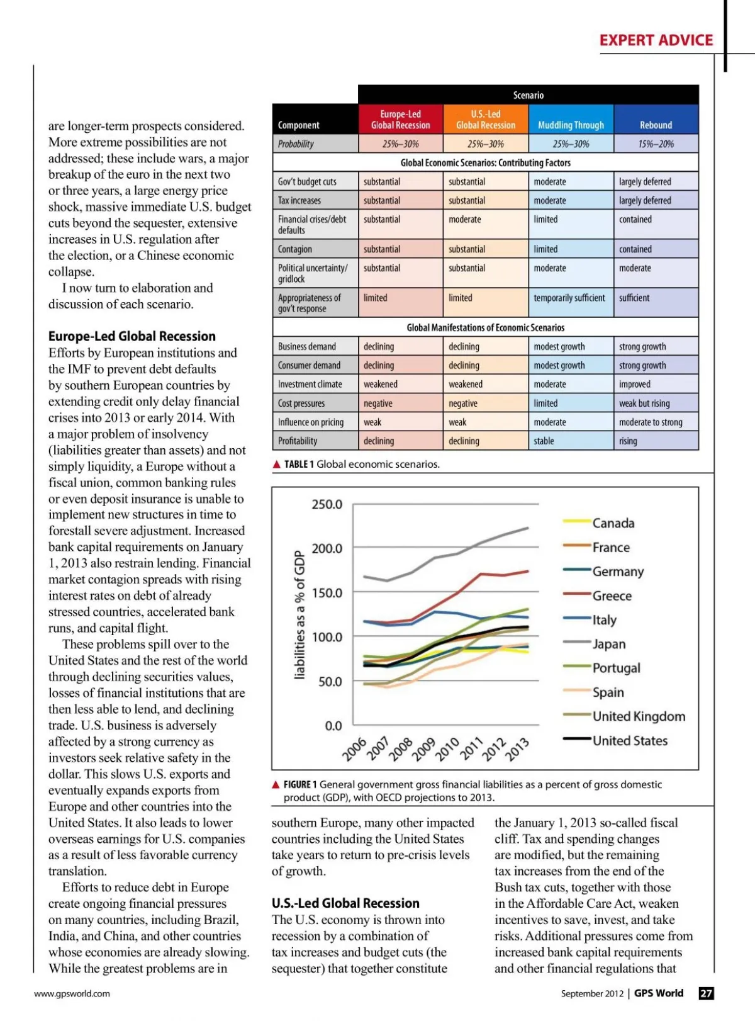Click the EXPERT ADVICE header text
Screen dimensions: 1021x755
click(656, 40)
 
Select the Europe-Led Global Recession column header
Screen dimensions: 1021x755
click(401, 120)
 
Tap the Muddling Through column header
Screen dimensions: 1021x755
click(571, 125)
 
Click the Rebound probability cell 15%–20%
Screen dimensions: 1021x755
click(656, 144)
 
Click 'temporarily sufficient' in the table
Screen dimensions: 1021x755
click(569, 298)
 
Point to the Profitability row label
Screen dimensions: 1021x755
click(298, 441)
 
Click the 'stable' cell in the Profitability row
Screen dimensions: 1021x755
click(544, 441)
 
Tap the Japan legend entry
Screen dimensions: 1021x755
click(608, 644)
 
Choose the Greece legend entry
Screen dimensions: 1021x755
click(612, 596)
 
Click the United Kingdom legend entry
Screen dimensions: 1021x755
click(638, 716)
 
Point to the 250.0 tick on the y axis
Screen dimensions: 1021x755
click(327, 505)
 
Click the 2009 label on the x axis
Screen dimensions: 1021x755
click(423, 749)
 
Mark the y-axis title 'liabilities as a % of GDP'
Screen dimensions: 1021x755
click(300, 615)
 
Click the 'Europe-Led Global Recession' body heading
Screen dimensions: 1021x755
click(132, 336)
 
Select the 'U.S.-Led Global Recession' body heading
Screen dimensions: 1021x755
click(345, 903)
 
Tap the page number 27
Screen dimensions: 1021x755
click(707, 993)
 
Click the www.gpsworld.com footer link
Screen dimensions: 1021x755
click(72, 993)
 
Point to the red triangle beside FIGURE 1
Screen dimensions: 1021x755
click(276, 785)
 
